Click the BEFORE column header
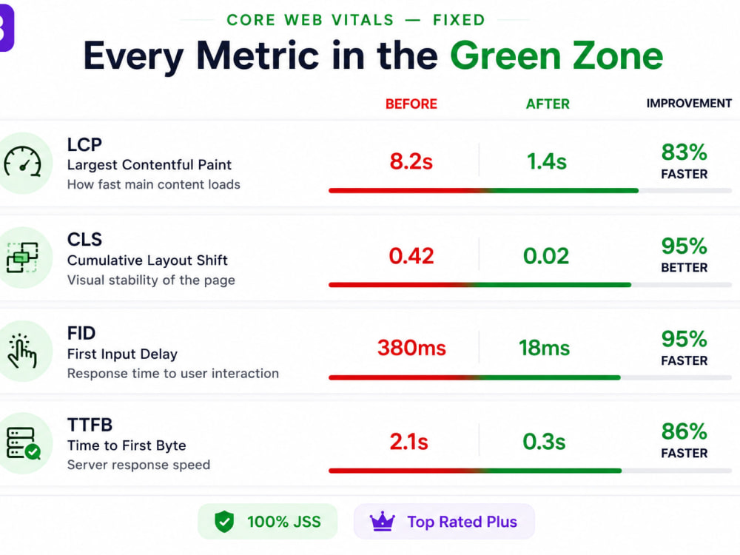pos(411,104)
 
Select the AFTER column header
pos(548,104)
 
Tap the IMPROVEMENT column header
pos(689,104)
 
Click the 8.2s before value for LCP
pos(411,162)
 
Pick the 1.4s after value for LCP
pos(547,162)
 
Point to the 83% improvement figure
pos(684,152)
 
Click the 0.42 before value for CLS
pos(411,256)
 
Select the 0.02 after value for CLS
pos(546,256)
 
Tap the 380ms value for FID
pos(411,349)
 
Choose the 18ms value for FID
pos(544,349)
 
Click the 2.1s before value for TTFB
pos(408,443)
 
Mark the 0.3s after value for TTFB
pos(544,443)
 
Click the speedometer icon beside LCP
pos(22,163)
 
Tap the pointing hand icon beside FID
pos(21,351)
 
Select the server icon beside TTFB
pos(23,443)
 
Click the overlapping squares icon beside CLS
pos(22,258)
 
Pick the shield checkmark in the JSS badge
pos(224,522)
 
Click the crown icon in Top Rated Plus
pos(383,522)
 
